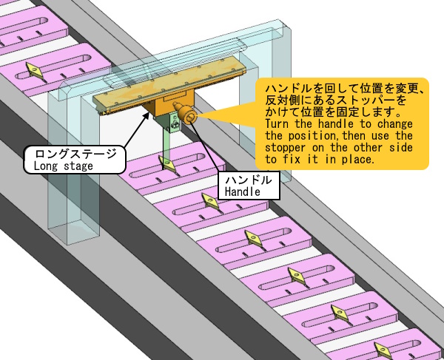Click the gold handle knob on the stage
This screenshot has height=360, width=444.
(186, 115)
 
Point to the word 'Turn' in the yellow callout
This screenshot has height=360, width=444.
(277, 125)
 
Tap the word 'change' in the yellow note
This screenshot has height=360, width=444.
(394, 125)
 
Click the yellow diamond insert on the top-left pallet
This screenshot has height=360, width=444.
(34, 70)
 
